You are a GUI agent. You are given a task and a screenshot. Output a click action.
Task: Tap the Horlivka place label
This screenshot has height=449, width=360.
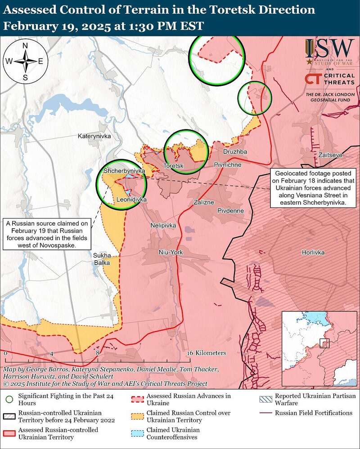(x=313, y=253)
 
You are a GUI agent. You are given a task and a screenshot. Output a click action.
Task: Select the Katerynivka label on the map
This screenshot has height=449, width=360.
(x=94, y=135)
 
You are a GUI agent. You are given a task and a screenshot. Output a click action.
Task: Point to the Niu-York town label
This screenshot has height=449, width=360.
(x=171, y=253)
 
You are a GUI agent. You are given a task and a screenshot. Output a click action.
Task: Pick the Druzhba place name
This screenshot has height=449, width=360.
(x=235, y=152)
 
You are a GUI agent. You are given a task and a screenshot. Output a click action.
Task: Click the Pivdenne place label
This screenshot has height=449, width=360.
(x=230, y=210)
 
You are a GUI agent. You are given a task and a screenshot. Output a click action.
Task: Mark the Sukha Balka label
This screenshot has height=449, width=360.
(x=102, y=259)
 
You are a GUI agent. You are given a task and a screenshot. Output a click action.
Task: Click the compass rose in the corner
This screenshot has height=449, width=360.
(x=25, y=61)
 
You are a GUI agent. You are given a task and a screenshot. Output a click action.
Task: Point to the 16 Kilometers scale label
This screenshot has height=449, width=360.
(x=207, y=353)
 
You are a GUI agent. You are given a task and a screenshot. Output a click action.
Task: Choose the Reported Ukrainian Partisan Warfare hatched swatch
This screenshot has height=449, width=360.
(x=265, y=398)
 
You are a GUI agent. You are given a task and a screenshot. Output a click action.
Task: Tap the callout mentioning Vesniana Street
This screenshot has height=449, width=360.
(x=313, y=188)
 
